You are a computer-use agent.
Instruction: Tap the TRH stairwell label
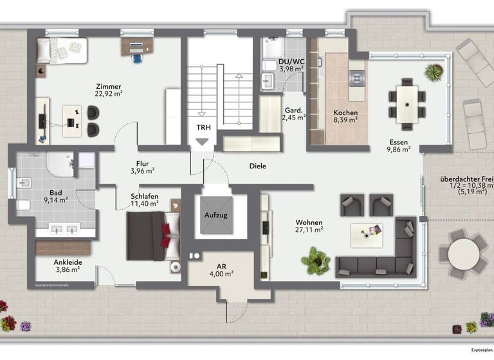click(203, 127)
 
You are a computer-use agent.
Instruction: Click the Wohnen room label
click(309, 220)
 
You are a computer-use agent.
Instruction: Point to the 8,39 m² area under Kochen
click(345, 120)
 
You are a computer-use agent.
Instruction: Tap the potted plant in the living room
click(315, 260)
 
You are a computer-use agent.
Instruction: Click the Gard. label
click(294, 110)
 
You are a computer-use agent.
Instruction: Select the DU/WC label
click(290, 62)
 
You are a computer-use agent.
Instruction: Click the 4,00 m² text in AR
click(221, 273)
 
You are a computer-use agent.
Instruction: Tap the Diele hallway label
click(257, 166)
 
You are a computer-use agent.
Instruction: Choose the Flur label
click(142, 163)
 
